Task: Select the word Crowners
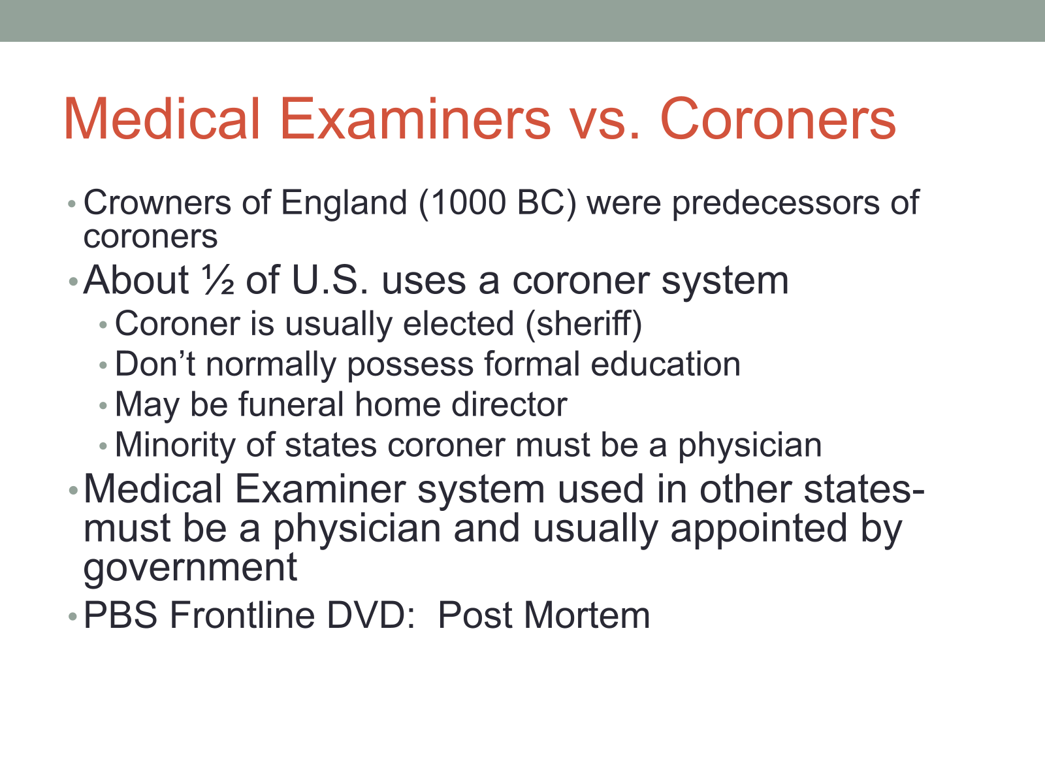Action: point(157,203)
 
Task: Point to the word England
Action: point(344,204)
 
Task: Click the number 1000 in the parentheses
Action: point(468,203)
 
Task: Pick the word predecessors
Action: point(775,204)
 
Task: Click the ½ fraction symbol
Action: point(217,280)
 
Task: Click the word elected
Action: point(458,324)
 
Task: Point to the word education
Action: point(666,365)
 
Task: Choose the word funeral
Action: point(291,405)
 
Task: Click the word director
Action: point(509,405)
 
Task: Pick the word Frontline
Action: point(242,615)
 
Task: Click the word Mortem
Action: point(587,615)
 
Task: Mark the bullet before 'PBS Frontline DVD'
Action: point(72,617)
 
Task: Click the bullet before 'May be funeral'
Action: point(103,406)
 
